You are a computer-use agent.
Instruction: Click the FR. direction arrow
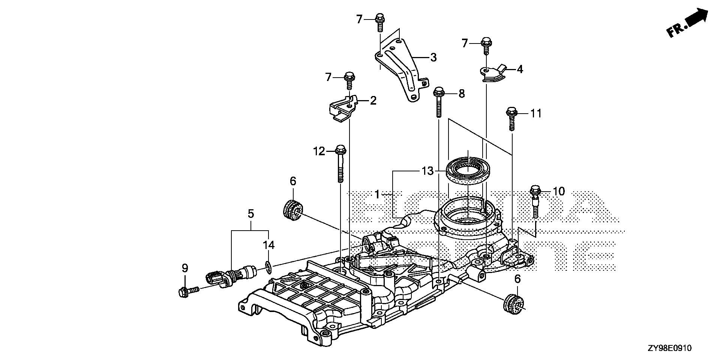click(x=688, y=23)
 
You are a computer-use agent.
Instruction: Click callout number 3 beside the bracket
click(x=433, y=57)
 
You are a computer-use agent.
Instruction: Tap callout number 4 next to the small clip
click(x=519, y=69)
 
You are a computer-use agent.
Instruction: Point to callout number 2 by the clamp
click(x=373, y=100)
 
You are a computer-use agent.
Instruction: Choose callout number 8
click(x=461, y=93)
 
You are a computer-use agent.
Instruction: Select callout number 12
click(x=319, y=151)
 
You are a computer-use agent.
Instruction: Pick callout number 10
click(x=558, y=191)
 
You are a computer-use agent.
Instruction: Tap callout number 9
click(x=184, y=268)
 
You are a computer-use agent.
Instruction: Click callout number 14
click(x=268, y=245)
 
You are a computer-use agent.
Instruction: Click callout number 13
click(x=427, y=171)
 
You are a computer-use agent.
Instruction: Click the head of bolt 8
click(x=438, y=91)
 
